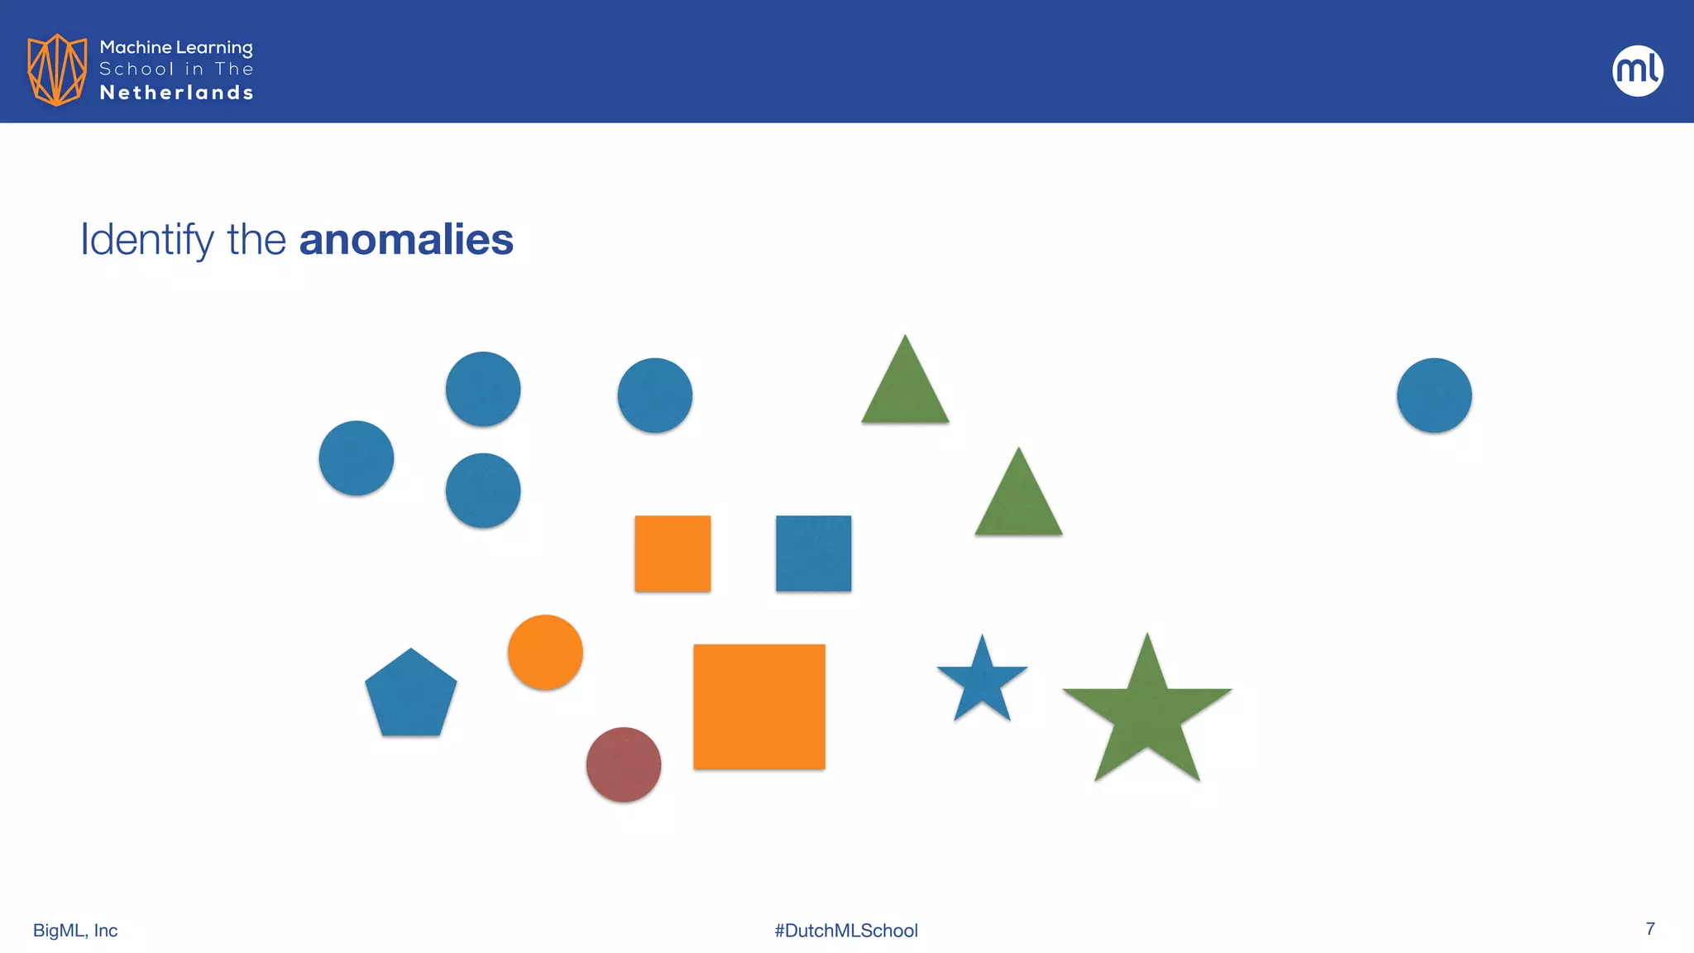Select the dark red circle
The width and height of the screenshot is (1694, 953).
624,764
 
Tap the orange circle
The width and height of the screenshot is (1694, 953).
545,652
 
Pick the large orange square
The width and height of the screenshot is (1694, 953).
759,706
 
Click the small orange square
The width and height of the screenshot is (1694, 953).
672,553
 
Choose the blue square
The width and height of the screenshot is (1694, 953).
813,553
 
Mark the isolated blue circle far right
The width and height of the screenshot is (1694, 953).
1434,395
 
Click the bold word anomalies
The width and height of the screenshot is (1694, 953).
406,240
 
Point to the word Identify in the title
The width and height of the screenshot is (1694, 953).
146,241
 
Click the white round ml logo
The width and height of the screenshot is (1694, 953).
1638,70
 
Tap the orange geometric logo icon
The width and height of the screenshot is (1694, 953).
57,69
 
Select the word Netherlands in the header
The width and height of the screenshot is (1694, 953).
176,93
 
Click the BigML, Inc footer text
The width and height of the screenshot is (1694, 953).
75,931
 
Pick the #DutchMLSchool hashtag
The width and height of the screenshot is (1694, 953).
846,931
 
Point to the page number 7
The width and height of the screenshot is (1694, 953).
1650,929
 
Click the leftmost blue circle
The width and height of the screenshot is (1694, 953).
357,458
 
